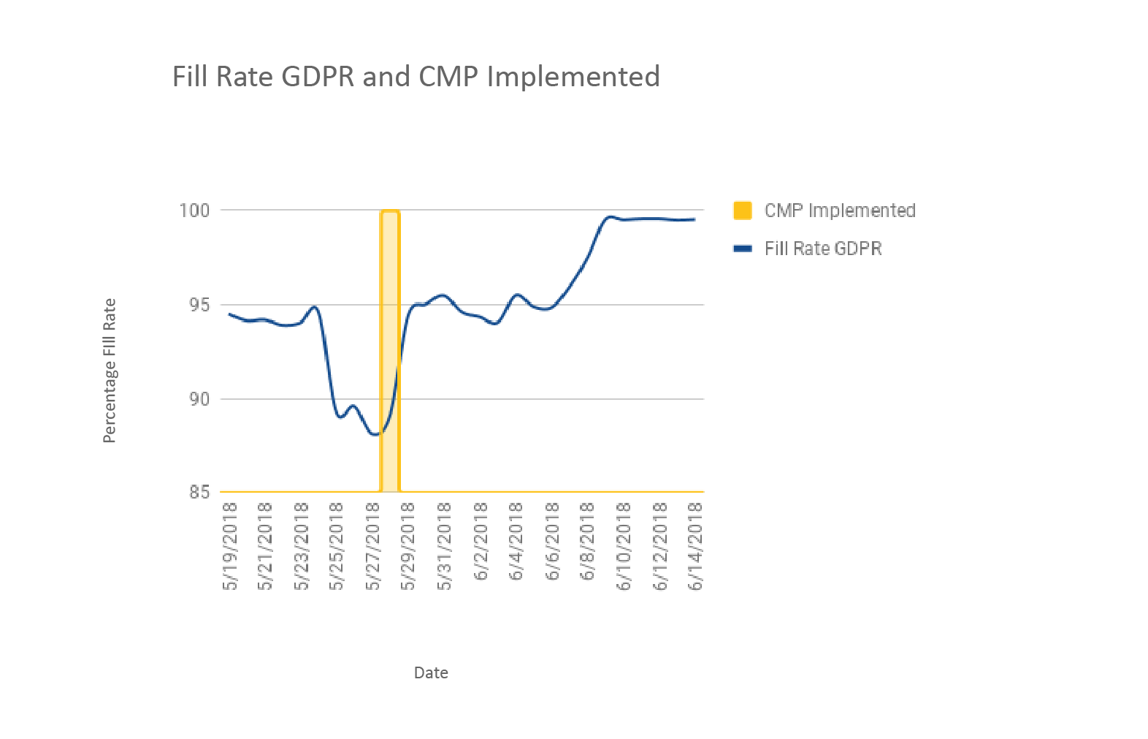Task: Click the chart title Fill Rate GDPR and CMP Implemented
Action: pos(416,77)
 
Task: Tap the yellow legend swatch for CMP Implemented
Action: pos(742,211)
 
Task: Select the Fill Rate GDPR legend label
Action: pos(823,249)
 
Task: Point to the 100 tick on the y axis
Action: pos(194,211)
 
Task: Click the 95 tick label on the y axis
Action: pos(199,305)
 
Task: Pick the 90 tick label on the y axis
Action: pos(199,399)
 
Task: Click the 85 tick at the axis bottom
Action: pos(199,492)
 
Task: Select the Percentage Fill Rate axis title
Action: pos(110,371)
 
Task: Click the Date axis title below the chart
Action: pos(431,672)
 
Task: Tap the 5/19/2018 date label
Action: pos(230,546)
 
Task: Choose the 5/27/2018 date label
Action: pos(373,546)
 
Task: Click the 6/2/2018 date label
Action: pos(481,542)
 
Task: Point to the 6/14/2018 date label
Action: pos(695,546)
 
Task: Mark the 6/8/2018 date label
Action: pos(588,542)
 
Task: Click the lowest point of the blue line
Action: pos(375,434)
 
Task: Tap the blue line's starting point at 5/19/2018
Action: pos(230,314)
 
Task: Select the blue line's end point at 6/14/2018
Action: pos(694,219)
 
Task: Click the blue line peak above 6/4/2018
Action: pos(516,295)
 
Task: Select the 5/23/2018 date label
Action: pos(302,546)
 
